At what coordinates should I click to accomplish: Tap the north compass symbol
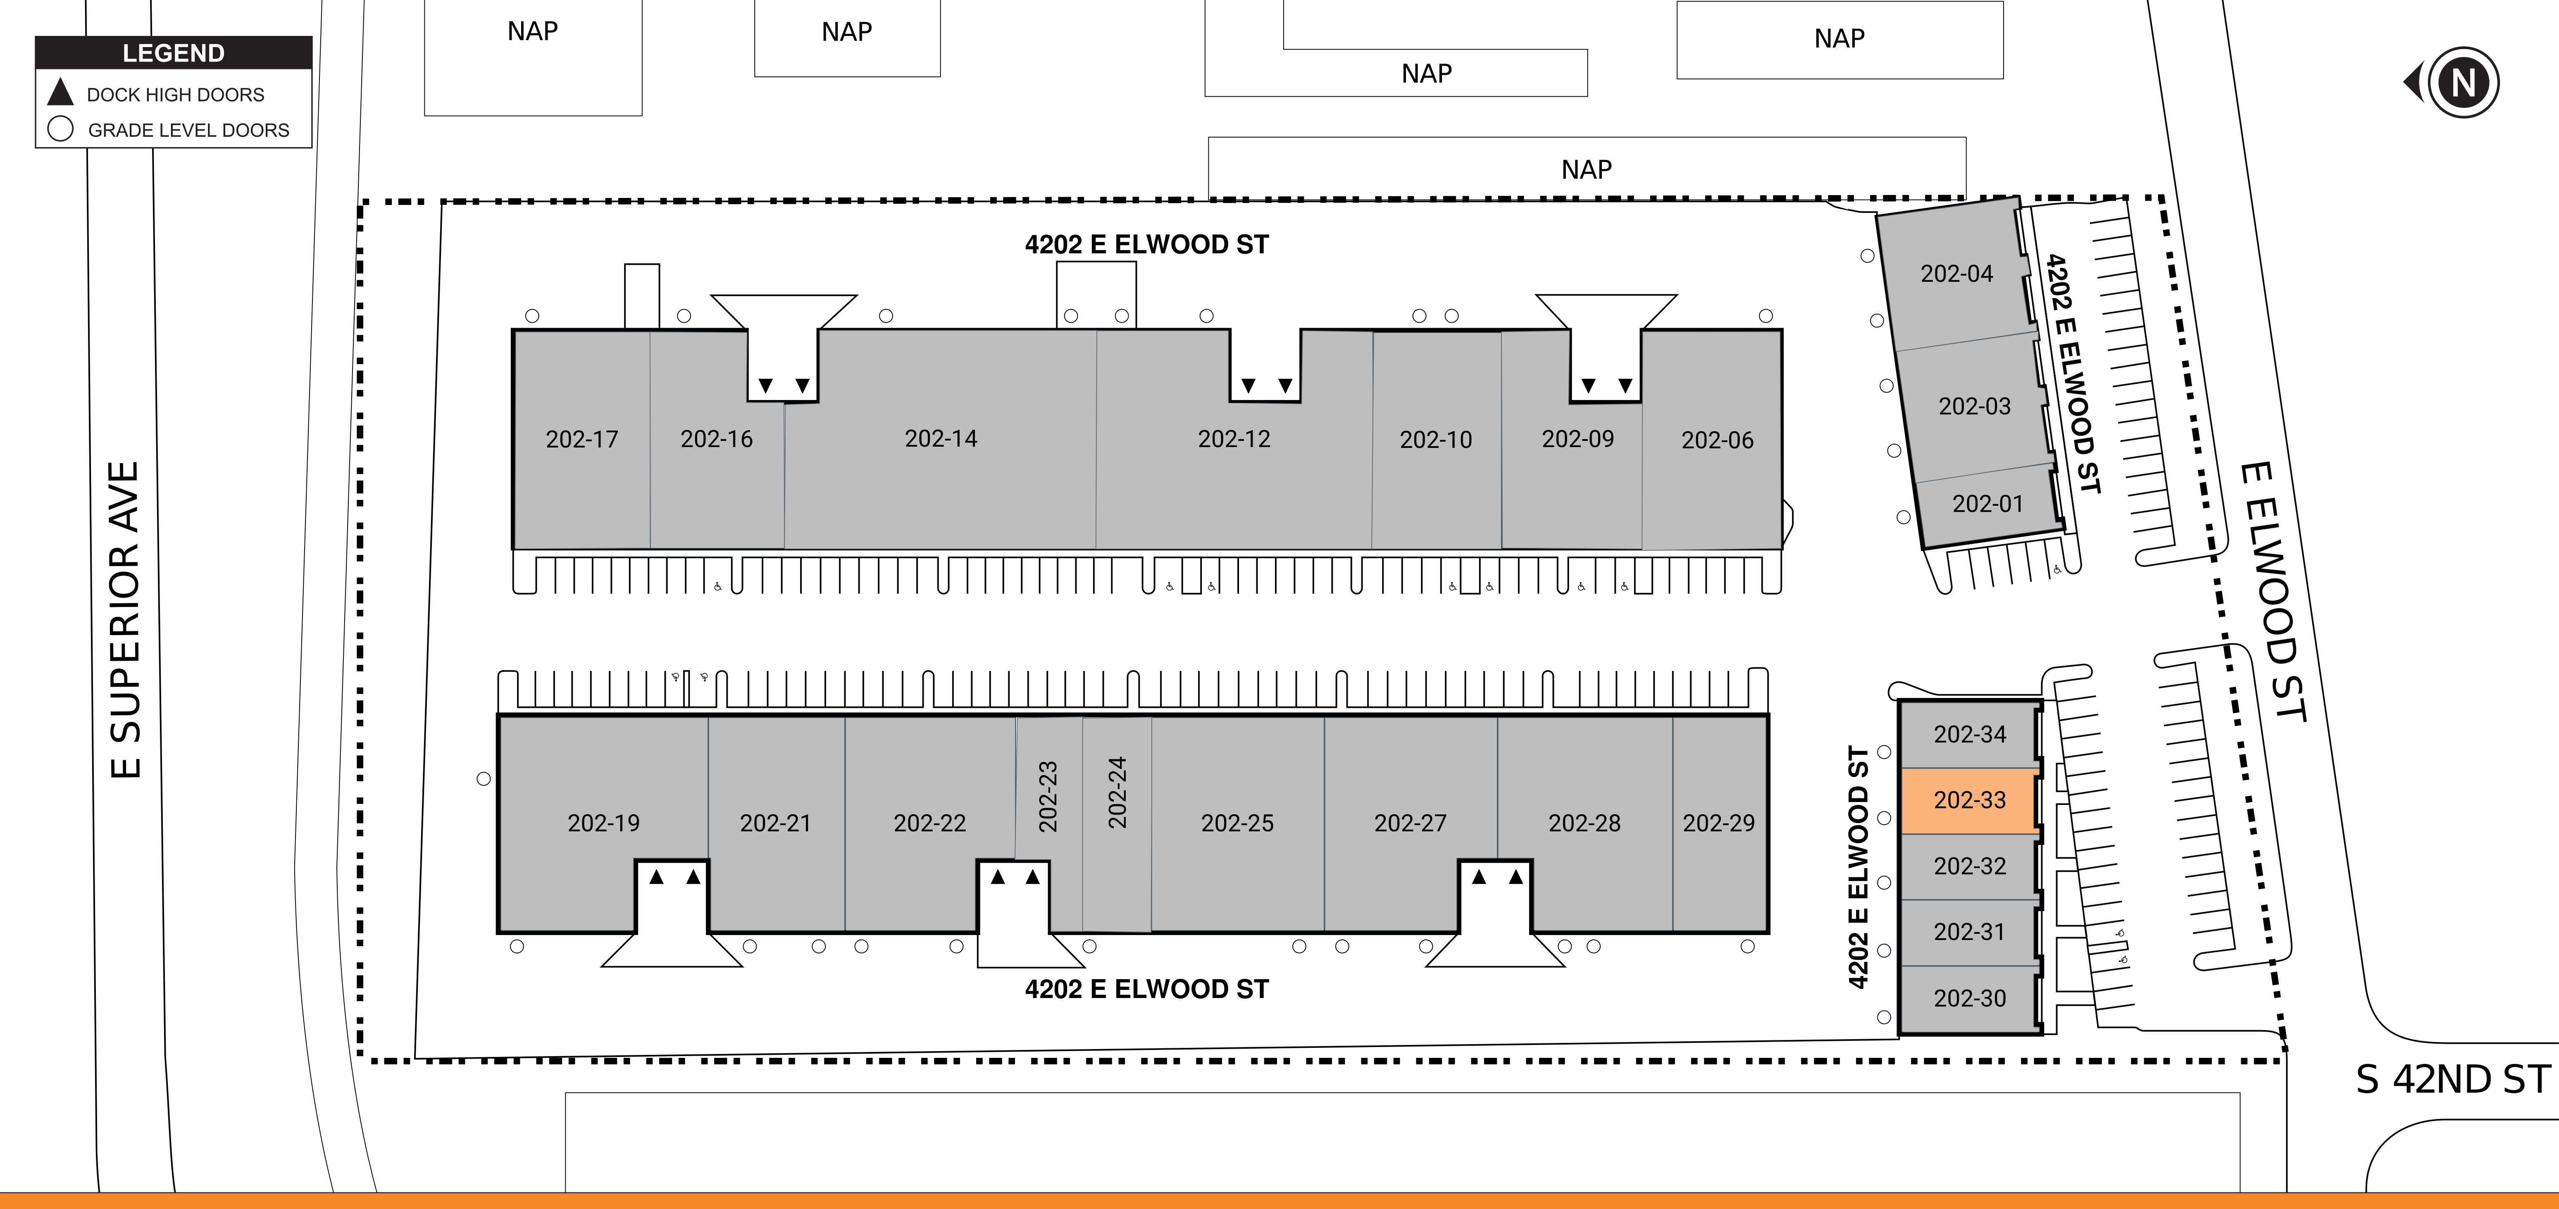click(2454, 81)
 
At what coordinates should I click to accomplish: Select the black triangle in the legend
click(61, 93)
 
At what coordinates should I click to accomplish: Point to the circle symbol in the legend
click(61, 129)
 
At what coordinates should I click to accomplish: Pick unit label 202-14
click(941, 438)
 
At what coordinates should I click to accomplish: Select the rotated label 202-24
click(1117, 793)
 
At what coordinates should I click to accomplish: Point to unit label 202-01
click(1987, 504)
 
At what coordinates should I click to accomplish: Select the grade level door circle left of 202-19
click(484, 779)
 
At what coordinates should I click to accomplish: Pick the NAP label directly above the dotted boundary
click(1587, 170)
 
